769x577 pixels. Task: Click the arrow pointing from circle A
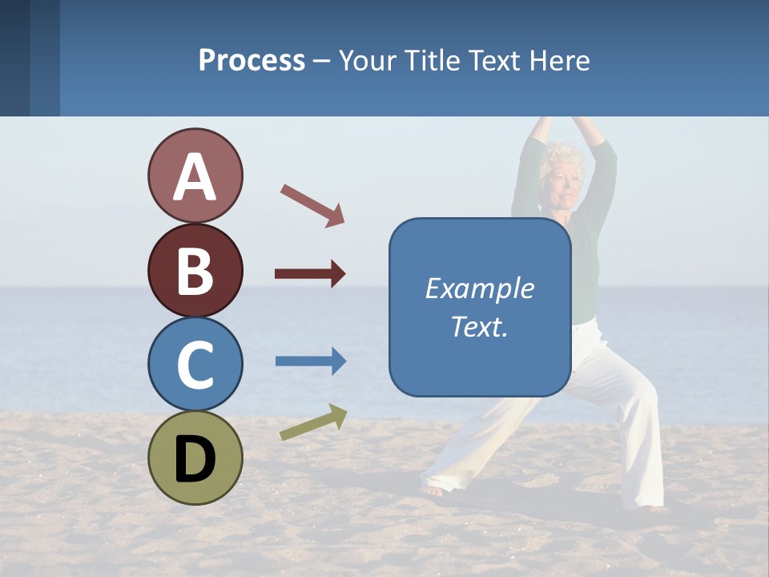point(312,204)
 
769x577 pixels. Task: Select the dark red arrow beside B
point(310,274)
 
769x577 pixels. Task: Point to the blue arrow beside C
point(311,361)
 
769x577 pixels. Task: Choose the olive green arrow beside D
point(313,422)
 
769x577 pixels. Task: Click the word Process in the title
point(252,61)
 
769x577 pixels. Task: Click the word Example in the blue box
point(479,288)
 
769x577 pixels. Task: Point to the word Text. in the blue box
point(479,327)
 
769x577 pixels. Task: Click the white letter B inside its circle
point(195,271)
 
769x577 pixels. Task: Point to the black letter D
point(195,458)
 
